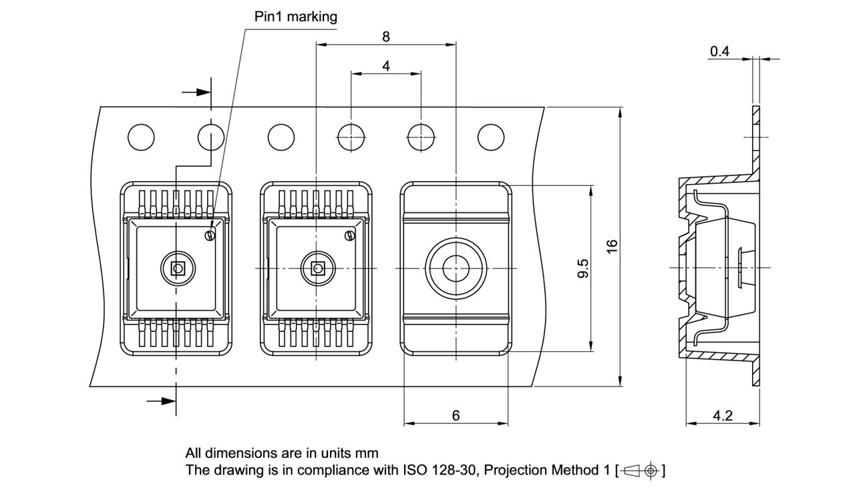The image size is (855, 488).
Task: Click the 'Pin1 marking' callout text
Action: [x=296, y=17]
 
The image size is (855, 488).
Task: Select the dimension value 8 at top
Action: [x=385, y=37]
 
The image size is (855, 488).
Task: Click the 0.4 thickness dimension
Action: [x=719, y=51]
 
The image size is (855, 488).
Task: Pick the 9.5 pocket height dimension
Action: [x=582, y=268]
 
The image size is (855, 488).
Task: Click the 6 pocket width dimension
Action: [x=456, y=415]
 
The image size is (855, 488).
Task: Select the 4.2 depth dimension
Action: [x=722, y=415]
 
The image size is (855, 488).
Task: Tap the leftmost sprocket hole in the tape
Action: [x=141, y=137]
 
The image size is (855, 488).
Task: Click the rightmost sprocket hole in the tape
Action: [x=491, y=137]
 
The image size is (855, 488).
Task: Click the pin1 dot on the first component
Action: [x=210, y=235]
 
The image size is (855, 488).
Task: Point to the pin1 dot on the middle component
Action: [x=349, y=235]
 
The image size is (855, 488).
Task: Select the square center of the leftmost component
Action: [x=177, y=268]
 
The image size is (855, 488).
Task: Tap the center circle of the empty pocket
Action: [x=456, y=268]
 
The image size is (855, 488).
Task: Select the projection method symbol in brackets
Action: [x=640, y=470]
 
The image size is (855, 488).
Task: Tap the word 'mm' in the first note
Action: [x=368, y=453]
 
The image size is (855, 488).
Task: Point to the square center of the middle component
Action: [x=317, y=268]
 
